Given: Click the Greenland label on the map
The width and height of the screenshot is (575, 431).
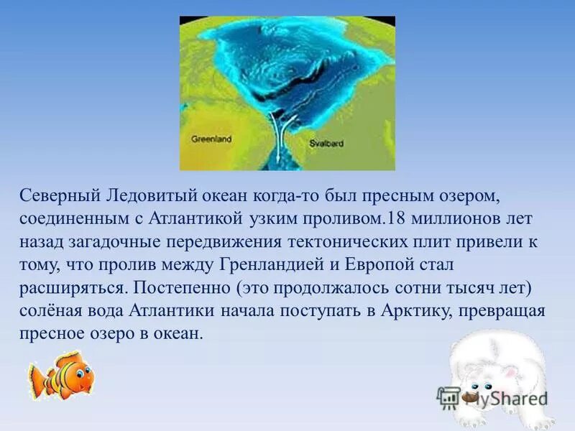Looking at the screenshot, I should [211, 139].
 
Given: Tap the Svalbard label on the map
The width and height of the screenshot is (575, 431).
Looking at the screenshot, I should [326, 143].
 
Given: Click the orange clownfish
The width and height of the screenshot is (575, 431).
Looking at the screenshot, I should [60, 374].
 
